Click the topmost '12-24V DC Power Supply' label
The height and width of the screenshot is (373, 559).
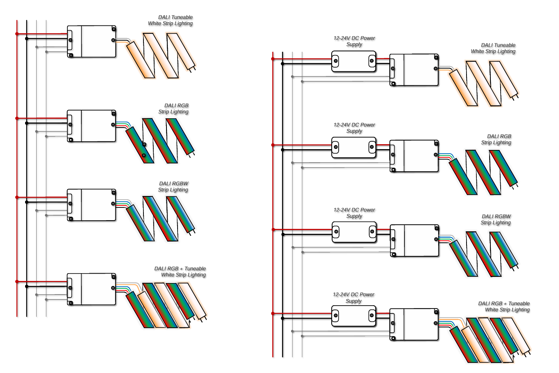point(354,41)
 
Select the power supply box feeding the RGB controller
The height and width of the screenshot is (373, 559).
point(353,147)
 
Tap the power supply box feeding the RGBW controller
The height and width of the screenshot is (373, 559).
point(354,232)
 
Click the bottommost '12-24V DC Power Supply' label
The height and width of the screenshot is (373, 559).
point(353,297)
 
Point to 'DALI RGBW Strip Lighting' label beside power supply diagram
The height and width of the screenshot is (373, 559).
point(496,219)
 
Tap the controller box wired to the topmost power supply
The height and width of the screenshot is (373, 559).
point(414,70)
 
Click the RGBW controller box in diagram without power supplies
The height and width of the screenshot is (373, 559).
point(91,205)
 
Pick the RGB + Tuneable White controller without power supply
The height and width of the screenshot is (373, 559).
point(91,289)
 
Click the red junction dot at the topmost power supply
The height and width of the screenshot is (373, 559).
point(273,59)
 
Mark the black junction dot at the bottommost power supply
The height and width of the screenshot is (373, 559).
point(283,318)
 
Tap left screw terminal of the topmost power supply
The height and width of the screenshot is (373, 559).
point(336,61)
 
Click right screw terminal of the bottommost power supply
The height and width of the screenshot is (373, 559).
point(372,316)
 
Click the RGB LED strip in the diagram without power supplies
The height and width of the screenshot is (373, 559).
point(160,141)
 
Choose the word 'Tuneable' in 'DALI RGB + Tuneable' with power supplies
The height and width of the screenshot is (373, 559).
point(519,304)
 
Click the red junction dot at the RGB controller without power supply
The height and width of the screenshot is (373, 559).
point(17,118)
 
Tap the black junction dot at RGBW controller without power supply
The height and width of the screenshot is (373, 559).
point(27,202)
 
